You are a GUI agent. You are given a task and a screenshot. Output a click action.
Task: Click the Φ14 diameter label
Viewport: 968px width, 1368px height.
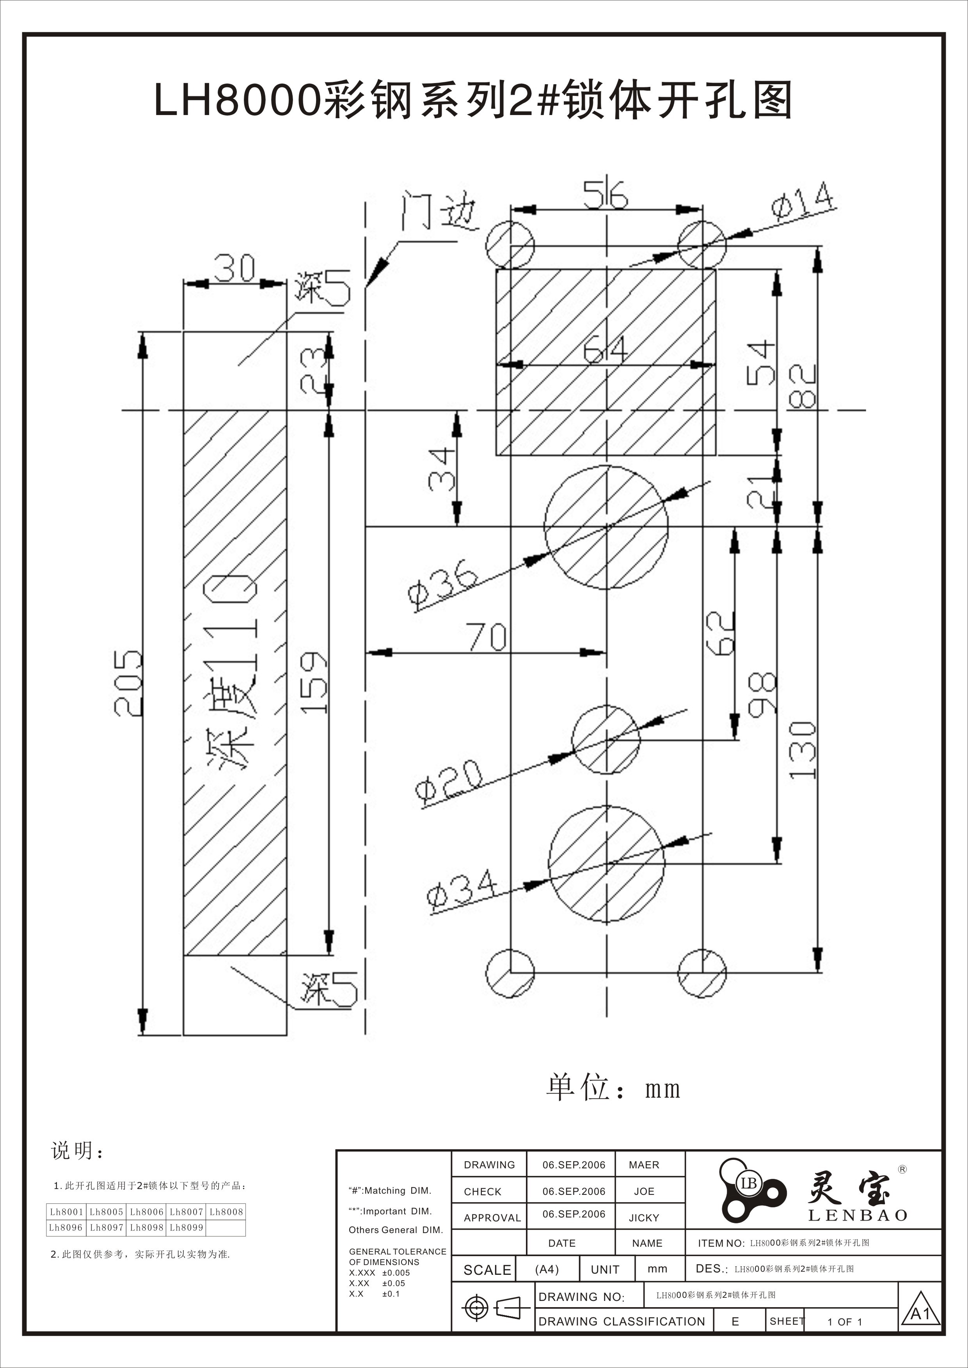[802, 202]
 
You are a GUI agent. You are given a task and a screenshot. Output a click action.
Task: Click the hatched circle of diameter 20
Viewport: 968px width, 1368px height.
[606, 740]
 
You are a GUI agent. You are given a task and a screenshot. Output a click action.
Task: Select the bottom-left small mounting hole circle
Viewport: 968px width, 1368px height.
[510, 973]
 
